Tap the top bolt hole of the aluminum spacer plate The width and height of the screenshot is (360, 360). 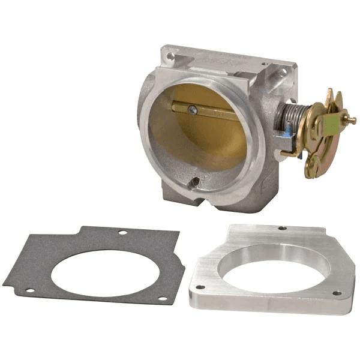click(282, 229)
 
